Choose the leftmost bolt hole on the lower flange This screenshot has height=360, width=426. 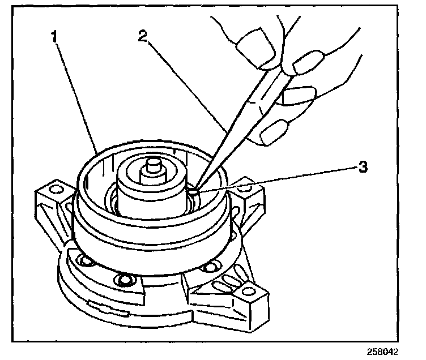click(86, 262)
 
